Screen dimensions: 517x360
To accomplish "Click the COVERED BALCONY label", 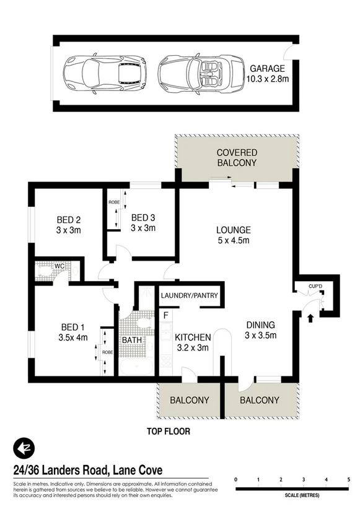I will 236,158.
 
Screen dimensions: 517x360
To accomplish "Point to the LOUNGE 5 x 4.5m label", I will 229,235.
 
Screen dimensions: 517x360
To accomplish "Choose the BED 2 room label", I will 69,225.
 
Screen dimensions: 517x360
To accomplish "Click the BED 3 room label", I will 143,222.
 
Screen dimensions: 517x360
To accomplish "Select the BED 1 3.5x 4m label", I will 73,332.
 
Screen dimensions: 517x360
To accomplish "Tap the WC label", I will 59,266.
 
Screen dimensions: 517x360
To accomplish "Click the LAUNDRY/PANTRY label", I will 190,295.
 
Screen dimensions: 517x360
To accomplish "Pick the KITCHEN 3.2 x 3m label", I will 193,342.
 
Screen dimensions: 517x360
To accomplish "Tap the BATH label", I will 131,341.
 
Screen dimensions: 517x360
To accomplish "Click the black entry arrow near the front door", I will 310,318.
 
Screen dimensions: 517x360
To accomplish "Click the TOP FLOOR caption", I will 168,432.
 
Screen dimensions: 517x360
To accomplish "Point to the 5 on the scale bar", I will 348,480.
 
